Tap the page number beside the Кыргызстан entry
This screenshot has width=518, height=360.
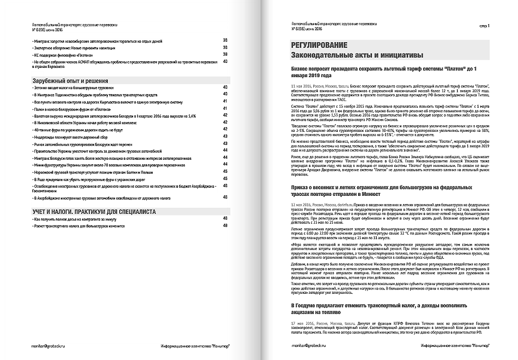pyautogui.click(x=225, y=101)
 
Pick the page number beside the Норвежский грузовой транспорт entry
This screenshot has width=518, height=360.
pyautogui.click(x=225, y=171)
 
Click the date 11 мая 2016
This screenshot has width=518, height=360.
pyautogui.click(x=302, y=86)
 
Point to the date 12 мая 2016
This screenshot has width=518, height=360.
pyautogui.click(x=302, y=203)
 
